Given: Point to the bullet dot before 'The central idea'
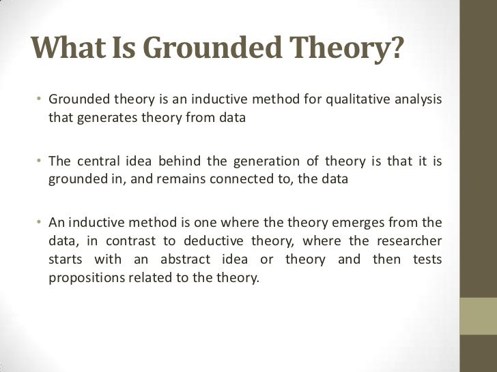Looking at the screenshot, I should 40,162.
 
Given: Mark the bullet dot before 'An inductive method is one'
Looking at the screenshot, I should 40,223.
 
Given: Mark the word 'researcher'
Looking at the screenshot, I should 409,241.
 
